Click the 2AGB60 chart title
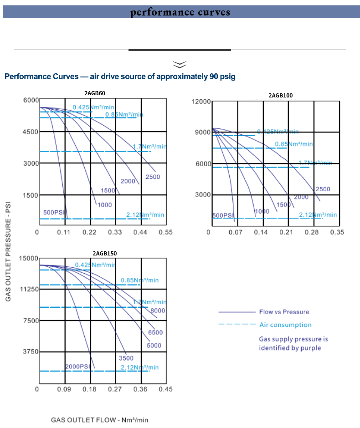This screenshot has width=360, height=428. coord(95,93)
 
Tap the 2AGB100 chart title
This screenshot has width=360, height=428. coord(281,95)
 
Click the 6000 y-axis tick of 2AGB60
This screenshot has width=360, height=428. coord(31,100)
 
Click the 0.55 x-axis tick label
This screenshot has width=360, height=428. coord(166,232)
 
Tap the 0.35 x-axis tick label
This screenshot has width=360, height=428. coord(337,232)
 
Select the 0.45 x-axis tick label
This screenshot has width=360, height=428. coord(166,389)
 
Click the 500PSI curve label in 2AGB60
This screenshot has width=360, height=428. coord(54,212)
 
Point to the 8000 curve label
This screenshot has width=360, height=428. coord(158,311)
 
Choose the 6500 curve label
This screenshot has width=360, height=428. coord(155,332)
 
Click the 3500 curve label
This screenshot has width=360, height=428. coord(126,358)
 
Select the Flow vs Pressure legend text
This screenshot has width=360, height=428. coord(284,312)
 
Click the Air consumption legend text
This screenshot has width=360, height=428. coord(285,325)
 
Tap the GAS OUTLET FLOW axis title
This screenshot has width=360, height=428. coord(99,419)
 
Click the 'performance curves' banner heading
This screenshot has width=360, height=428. coord(180,12)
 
